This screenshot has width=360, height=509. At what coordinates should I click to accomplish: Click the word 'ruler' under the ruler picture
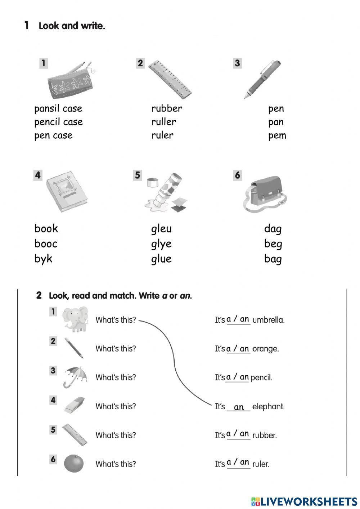pos(162,135)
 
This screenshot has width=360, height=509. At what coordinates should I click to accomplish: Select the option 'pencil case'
pos(58,122)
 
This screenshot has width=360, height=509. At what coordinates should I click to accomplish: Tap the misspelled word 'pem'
pos(277,136)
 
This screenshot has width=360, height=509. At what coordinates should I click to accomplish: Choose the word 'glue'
pos(161,259)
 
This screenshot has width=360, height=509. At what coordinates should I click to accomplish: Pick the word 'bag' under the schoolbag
pos(273,259)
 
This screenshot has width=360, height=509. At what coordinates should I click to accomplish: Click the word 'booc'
pos(46,244)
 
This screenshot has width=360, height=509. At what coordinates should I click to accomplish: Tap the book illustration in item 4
pos(66,194)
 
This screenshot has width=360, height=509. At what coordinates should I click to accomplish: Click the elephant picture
pos(75,319)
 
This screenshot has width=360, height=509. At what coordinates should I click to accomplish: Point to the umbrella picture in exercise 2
pos(75,376)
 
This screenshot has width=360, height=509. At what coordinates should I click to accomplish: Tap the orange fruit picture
pos(73,463)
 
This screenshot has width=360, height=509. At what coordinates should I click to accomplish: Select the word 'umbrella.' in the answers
pos(268,320)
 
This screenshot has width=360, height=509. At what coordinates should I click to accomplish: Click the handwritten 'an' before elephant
pos(239,407)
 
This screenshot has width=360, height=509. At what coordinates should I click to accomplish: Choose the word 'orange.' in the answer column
pos(265,349)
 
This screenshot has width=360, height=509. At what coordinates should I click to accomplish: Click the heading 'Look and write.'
pos(72,26)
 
